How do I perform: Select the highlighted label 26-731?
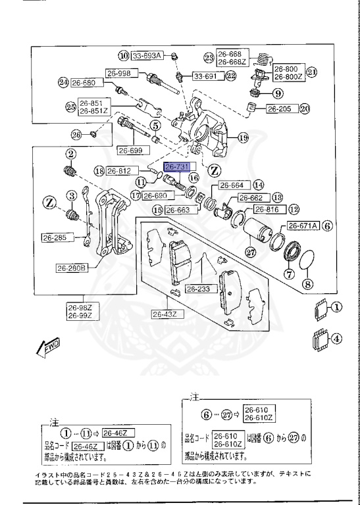coord(177,167)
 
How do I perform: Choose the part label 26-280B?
coord(72,268)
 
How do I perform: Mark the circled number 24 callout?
coord(63,83)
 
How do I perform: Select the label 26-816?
coord(267,210)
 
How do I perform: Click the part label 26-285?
coord(55,238)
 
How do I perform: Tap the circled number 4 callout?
coord(336,340)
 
